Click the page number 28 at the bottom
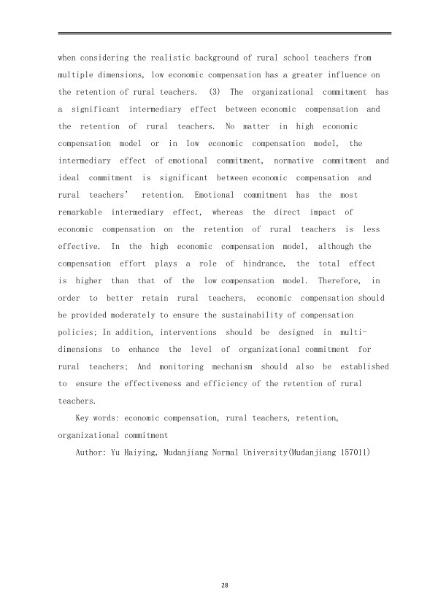[x=218, y=585]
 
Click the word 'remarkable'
[x=80, y=212]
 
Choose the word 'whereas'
[x=227, y=212]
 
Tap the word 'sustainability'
[x=256, y=315]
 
